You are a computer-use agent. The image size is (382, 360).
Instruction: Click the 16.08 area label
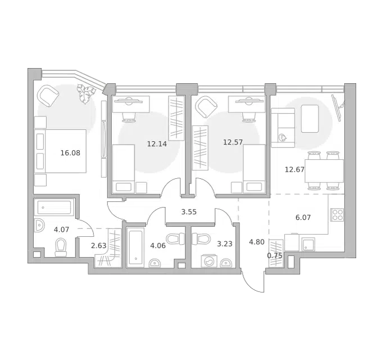point(70,153)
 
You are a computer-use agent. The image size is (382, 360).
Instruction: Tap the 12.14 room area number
point(157,144)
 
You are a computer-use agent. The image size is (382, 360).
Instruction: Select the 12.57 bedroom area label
point(233,142)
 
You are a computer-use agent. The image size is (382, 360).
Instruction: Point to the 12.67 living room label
point(294,169)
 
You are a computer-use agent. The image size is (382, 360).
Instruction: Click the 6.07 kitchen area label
point(303,217)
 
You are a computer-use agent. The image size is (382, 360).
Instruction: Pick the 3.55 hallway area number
point(189,212)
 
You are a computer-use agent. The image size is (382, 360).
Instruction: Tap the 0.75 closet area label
point(275,255)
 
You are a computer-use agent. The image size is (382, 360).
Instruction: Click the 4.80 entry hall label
point(257,242)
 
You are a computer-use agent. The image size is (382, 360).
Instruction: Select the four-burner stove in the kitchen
point(337,215)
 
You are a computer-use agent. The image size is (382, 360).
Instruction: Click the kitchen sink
point(308,244)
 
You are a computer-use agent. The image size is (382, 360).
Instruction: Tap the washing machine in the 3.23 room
point(209,261)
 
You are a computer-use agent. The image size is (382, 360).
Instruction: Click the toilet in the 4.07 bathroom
point(61,247)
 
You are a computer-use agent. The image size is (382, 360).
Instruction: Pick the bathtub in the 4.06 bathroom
point(135,248)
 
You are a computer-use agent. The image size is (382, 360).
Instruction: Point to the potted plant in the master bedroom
point(85,93)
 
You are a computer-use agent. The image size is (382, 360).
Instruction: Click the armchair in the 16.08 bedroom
point(48,96)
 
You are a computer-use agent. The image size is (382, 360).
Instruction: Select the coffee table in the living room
point(310,119)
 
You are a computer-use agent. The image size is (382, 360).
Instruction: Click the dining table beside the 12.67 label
point(324,171)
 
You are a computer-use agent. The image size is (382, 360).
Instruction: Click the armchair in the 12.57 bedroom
point(207,107)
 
